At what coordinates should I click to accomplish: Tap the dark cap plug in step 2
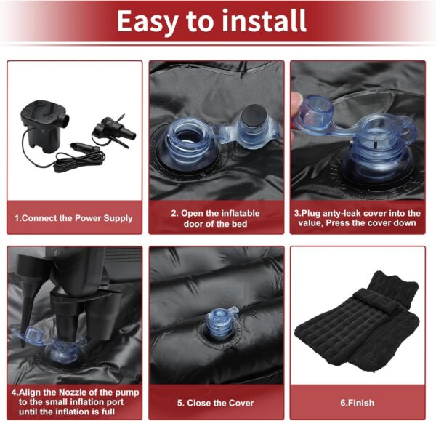pyautogui.click(x=253, y=116)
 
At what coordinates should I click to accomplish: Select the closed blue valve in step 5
pyautogui.click(x=221, y=323)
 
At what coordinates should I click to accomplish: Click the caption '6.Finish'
pyautogui.click(x=358, y=403)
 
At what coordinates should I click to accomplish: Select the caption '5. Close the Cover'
pyautogui.click(x=216, y=403)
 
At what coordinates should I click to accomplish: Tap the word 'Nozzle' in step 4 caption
pyautogui.click(x=73, y=393)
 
